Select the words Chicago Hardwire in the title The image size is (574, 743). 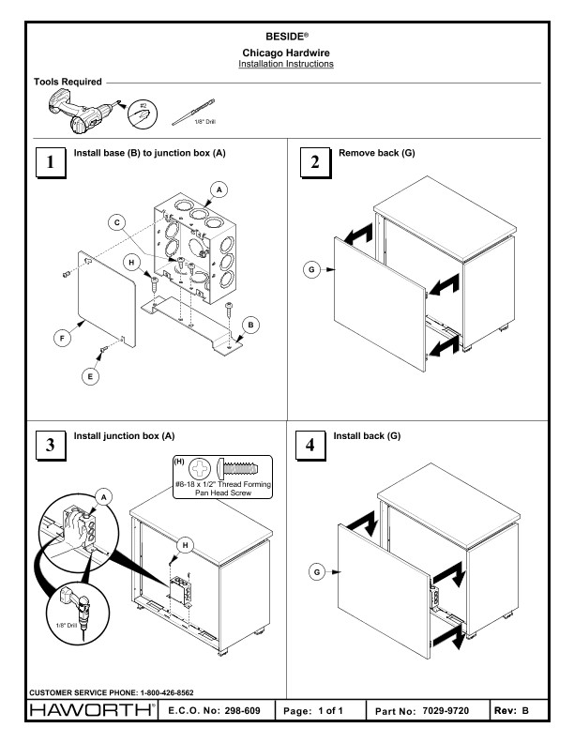[287, 52]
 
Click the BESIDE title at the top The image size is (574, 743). [287, 37]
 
